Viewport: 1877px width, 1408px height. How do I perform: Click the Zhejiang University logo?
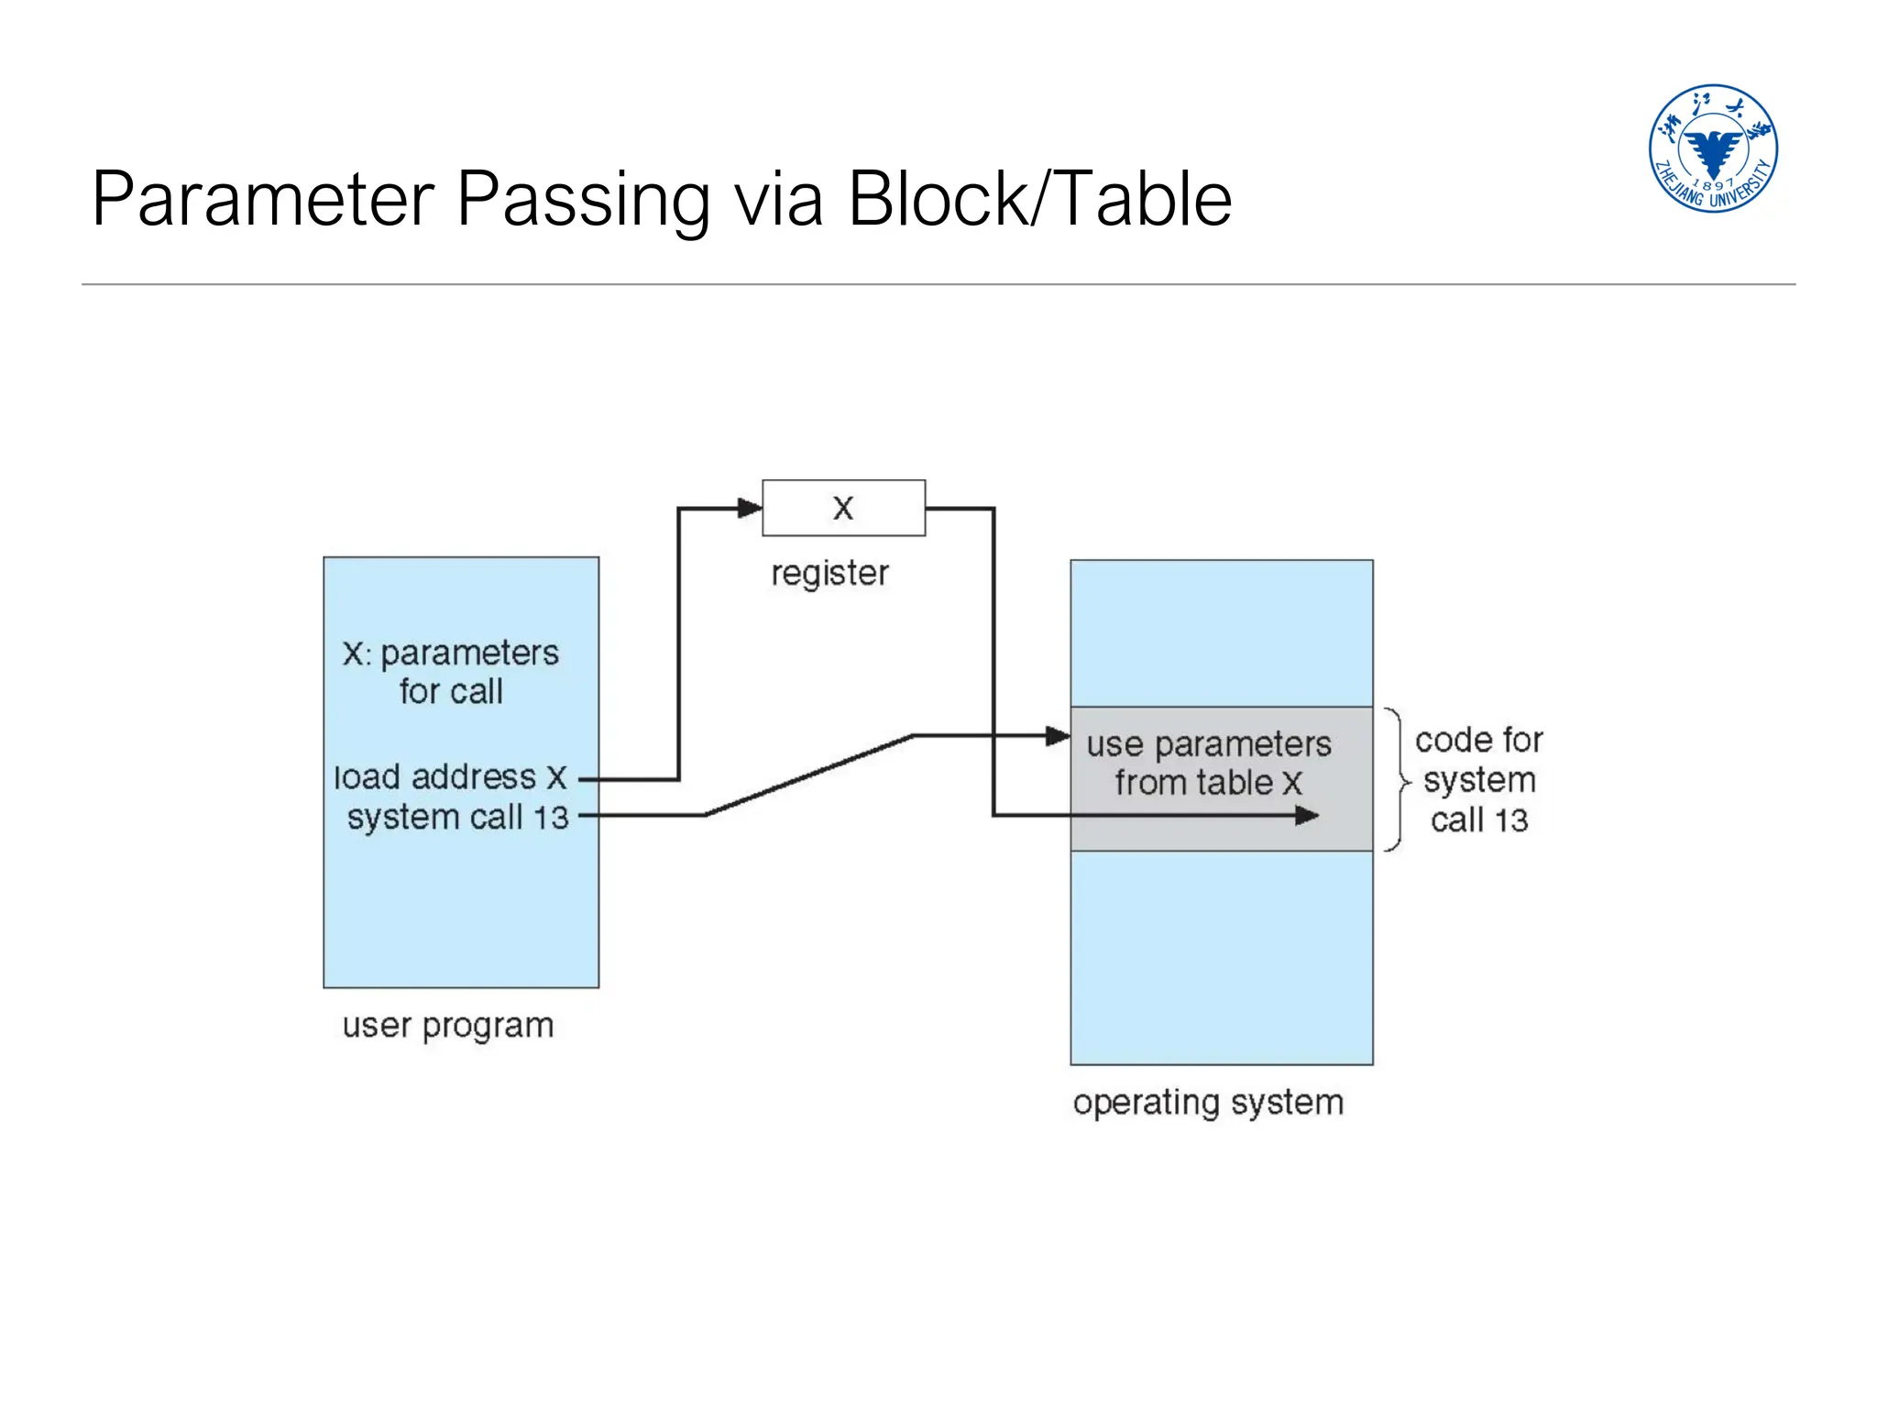tap(1712, 148)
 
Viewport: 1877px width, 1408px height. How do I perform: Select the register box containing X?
tap(843, 508)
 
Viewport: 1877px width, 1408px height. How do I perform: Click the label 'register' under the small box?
tap(829, 574)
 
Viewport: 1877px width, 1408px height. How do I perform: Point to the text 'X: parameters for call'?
tap(450, 672)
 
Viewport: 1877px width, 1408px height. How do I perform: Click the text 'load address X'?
tap(450, 777)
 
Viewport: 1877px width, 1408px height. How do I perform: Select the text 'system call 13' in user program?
tap(457, 817)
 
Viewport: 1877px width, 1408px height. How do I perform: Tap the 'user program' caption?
tap(448, 1025)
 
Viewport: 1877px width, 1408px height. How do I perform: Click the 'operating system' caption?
tap(1208, 1102)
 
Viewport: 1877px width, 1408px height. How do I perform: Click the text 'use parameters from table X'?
tap(1208, 763)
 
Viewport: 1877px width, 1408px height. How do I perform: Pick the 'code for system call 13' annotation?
tap(1478, 780)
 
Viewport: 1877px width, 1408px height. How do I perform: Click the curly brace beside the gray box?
tap(1397, 780)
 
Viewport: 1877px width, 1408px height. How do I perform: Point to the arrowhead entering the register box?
tap(751, 508)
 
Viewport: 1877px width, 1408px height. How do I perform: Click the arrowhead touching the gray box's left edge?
tap(1059, 735)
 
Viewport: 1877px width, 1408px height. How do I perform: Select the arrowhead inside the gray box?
tap(1307, 815)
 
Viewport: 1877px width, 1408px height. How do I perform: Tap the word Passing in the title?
tap(583, 199)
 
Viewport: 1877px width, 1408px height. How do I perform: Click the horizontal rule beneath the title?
tap(938, 284)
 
